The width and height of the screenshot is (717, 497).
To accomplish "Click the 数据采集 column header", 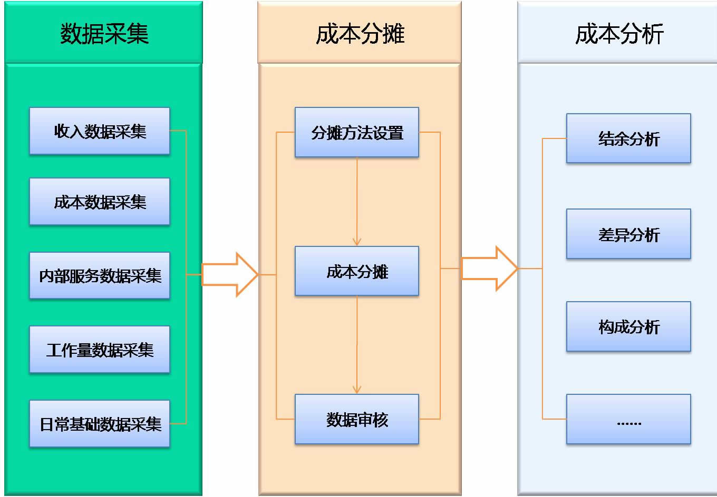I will pos(104,34).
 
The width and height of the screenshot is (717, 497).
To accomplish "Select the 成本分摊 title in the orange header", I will pos(360,34).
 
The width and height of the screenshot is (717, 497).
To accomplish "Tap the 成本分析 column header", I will pos(619,34).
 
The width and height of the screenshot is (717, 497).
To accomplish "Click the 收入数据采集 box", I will pos(100,131).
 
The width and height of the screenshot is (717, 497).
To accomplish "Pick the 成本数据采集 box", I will pos(100,202).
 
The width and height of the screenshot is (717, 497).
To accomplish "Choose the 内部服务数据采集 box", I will pos(100,275).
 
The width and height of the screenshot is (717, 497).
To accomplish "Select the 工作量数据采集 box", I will pos(100,350).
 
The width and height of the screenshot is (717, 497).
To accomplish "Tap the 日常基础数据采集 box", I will pos(100,424).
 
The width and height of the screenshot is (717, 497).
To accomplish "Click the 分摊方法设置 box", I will pos(357,132).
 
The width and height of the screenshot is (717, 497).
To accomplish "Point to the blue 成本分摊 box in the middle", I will pos(357,271).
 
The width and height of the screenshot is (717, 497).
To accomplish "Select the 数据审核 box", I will pos(357,419).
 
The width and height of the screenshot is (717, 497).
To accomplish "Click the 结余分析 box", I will pos(628,138).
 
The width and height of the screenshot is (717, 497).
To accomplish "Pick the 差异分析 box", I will pos(628,234).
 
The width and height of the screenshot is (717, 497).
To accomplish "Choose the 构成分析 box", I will pos(628,326).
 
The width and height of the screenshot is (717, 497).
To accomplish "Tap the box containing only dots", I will pos(628,419).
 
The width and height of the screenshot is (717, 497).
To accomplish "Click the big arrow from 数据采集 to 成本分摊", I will pos(230,274).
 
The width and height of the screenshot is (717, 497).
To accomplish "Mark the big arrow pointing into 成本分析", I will pos(489,269).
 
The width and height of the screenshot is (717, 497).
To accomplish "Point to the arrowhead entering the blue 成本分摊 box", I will pos(357,242).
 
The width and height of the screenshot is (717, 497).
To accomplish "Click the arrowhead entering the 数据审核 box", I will pos(357,390).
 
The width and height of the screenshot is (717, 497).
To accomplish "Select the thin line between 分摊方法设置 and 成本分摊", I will pos(357,200).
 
